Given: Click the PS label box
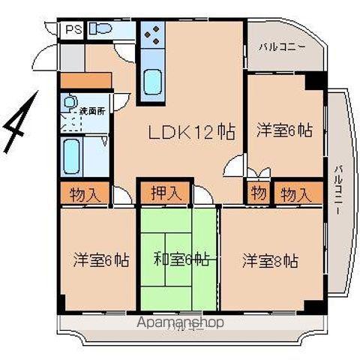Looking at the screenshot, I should [73, 31].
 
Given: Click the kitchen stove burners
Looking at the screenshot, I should [152, 35].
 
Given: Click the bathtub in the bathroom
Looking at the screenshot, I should [73, 156].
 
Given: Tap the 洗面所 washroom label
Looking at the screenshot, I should [92, 111].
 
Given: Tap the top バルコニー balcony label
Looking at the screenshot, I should [282, 46].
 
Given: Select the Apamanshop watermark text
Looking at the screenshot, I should [181, 322].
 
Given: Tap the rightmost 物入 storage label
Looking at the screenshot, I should [295, 194].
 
